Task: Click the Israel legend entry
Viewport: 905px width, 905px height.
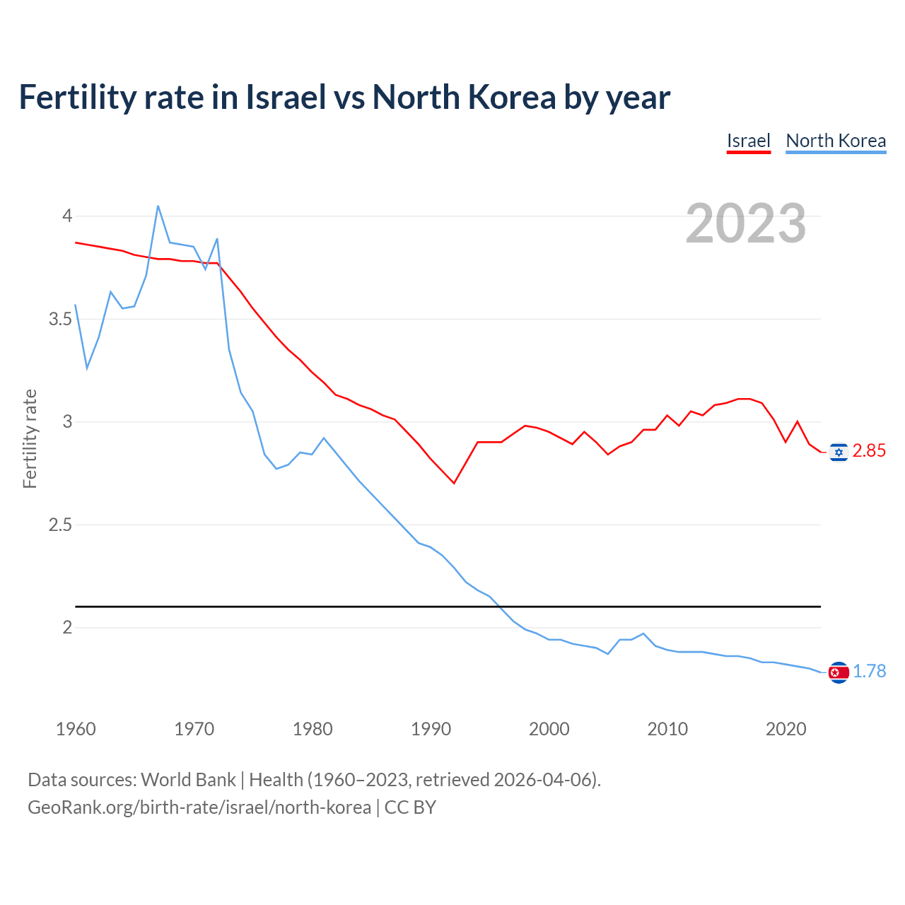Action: click(748, 141)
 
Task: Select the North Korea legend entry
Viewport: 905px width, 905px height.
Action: click(836, 141)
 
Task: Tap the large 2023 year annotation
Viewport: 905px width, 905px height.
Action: click(746, 223)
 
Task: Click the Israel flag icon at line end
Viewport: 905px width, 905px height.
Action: click(839, 452)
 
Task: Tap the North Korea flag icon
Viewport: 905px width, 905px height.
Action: click(839, 672)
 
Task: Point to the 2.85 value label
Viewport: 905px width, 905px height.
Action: click(869, 451)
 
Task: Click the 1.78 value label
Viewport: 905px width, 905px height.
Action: click(869, 671)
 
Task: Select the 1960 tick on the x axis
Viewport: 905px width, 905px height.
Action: click(76, 729)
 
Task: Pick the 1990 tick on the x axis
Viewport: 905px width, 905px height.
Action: click(431, 729)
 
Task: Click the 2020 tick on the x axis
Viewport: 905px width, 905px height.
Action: click(786, 729)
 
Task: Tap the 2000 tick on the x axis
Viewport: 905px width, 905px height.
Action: click(549, 729)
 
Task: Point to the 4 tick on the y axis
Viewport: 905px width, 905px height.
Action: click(67, 216)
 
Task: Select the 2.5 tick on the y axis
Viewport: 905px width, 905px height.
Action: click(60, 525)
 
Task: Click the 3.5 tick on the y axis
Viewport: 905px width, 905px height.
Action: click(60, 319)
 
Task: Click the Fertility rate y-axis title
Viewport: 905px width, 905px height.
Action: click(30, 438)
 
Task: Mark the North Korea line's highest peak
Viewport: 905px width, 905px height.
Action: click(158, 206)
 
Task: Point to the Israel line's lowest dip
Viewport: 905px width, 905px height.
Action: click(454, 483)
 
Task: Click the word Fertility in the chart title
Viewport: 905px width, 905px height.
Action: click(76, 97)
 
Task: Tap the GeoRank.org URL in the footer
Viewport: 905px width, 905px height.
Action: click(199, 807)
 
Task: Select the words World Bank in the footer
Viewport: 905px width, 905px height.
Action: click(188, 779)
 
